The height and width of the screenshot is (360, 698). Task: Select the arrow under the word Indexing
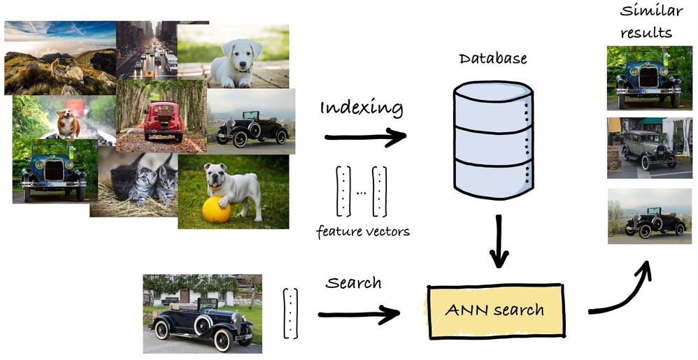pos(365,137)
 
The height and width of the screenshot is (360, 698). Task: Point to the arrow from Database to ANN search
pos(499,241)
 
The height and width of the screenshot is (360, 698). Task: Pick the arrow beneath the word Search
pos(359,315)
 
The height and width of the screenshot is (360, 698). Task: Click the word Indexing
pos(362,108)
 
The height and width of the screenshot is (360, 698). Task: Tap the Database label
pos(493,59)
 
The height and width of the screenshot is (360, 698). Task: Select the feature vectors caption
pos(363,232)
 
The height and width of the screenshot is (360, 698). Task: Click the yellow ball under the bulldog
pos(216,210)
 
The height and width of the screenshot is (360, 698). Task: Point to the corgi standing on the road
pos(69,123)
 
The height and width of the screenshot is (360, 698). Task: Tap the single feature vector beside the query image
pos(290,314)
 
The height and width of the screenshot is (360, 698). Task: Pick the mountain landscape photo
pos(60,58)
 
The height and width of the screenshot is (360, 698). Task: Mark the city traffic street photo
pos(147,50)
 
